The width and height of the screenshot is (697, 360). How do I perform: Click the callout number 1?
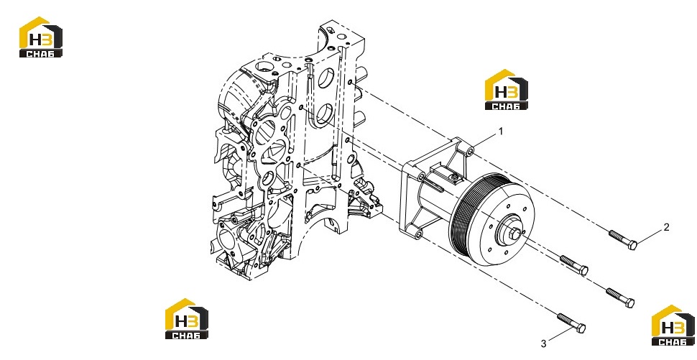click(x=501, y=131)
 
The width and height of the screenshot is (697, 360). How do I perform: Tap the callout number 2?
click(x=666, y=227)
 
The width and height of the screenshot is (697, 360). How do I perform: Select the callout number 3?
click(x=544, y=344)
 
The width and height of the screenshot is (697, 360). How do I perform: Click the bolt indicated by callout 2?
click(x=623, y=240)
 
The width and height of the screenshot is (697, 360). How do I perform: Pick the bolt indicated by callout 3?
click(x=571, y=323)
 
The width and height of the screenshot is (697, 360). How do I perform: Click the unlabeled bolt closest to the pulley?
click(x=574, y=265)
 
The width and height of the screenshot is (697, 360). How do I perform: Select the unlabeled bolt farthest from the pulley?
click(x=620, y=297)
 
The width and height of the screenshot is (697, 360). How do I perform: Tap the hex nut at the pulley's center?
click(x=514, y=234)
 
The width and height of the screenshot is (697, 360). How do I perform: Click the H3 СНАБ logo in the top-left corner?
click(x=40, y=37)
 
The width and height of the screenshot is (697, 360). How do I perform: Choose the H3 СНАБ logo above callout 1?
click(x=507, y=89)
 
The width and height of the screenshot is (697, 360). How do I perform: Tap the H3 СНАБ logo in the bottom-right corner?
click(x=673, y=326)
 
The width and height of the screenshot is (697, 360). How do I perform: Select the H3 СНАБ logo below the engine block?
click(x=187, y=318)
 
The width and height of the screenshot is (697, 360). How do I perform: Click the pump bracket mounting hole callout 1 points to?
click(x=471, y=152)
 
